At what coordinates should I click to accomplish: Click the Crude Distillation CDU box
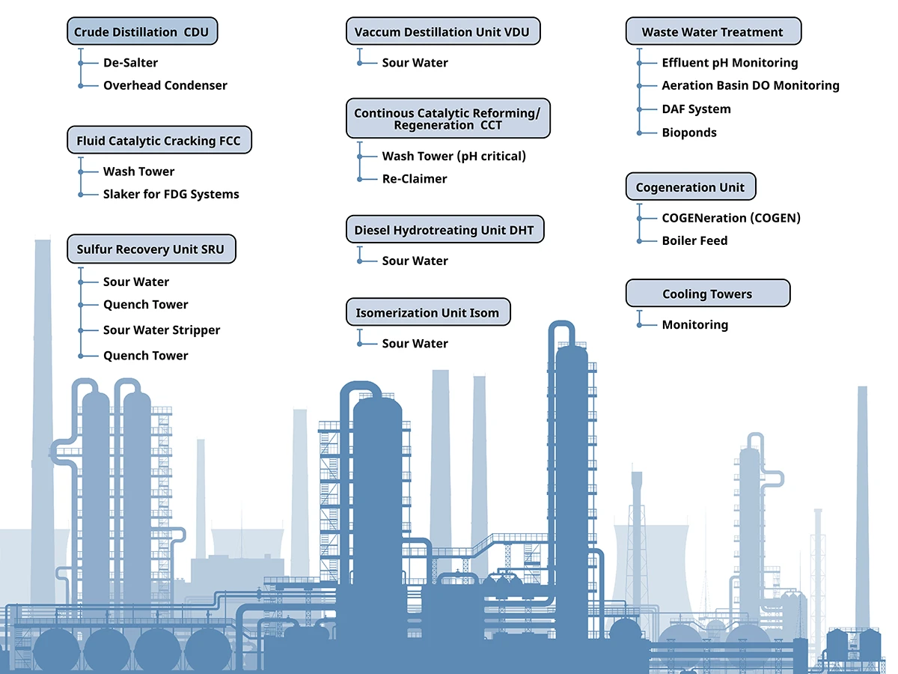click(x=142, y=32)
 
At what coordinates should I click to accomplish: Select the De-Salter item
click(x=130, y=63)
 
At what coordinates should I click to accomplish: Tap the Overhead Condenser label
click(x=165, y=85)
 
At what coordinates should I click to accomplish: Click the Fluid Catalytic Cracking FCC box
click(x=159, y=141)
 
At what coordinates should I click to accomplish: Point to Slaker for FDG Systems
click(x=171, y=194)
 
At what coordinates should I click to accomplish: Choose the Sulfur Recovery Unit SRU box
click(x=150, y=249)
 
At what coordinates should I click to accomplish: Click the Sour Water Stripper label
click(x=162, y=330)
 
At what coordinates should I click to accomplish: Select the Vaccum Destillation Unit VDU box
click(x=443, y=32)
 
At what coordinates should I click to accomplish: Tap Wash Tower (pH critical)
click(x=453, y=157)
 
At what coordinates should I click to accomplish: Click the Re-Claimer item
click(x=415, y=179)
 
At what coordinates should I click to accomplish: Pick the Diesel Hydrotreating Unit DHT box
click(x=445, y=230)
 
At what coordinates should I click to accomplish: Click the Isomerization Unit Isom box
click(x=427, y=312)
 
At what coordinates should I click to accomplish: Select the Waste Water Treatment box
click(x=712, y=32)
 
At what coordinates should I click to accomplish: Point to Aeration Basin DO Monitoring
click(x=751, y=86)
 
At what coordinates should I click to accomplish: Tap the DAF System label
click(x=696, y=109)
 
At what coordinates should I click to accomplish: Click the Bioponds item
click(x=689, y=133)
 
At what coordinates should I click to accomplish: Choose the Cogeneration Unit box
click(x=690, y=187)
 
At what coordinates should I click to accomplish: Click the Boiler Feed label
click(x=694, y=240)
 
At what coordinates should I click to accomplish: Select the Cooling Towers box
click(x=707, y=294)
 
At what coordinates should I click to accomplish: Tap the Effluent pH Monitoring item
click(x=730, y=63)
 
